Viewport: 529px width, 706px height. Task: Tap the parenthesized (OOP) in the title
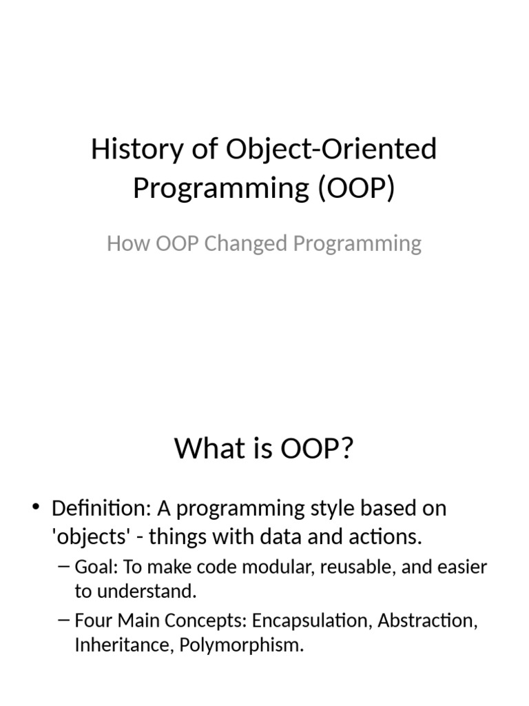coord(357,188)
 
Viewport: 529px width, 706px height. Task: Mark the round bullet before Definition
coord(35,509)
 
